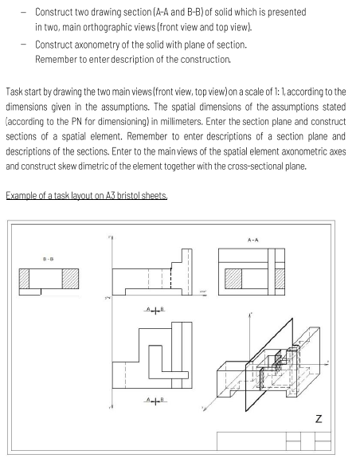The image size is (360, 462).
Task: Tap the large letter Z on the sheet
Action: click(319, 417)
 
